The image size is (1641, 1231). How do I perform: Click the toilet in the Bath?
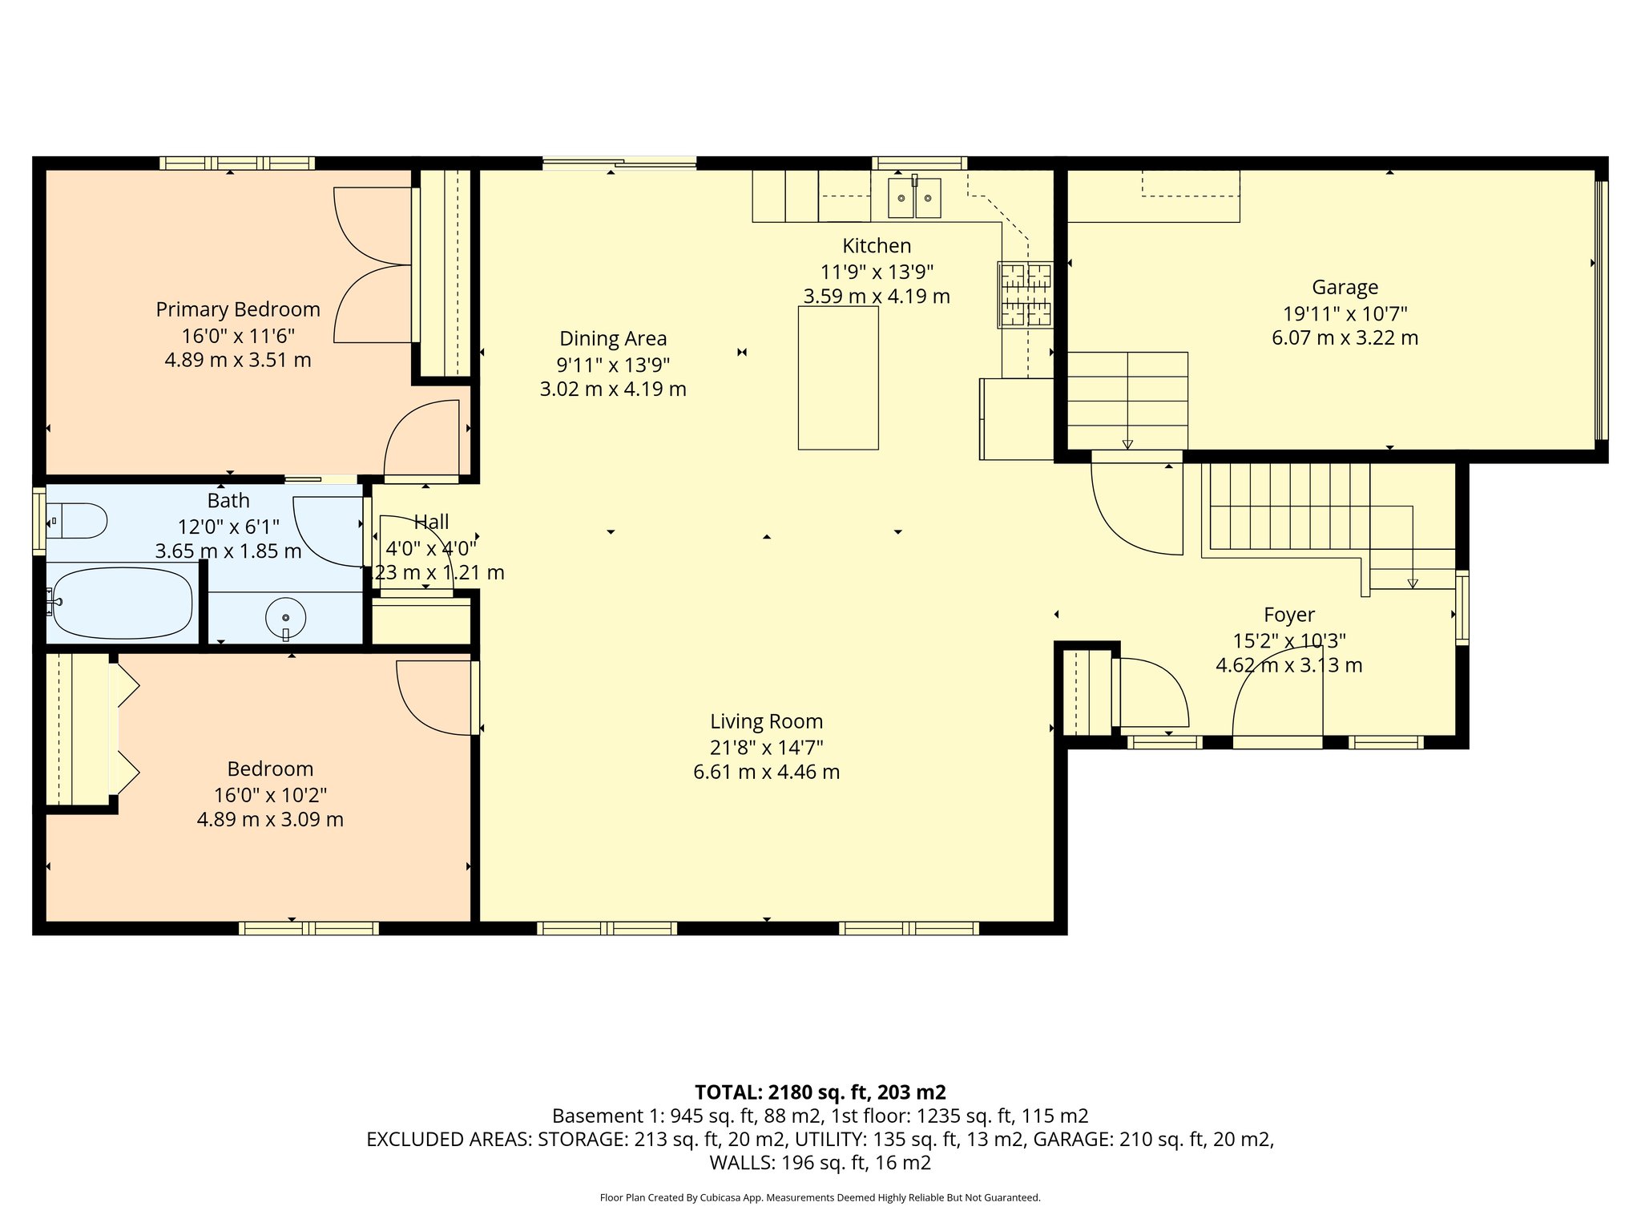[x=77, y=521]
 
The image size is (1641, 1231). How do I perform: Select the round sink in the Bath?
[x=286, y=617]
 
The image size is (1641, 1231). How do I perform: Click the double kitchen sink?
[x=914, y=198]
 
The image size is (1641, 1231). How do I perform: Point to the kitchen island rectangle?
[x=838, y=377]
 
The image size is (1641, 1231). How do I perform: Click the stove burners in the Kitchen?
[x=1025, y=295]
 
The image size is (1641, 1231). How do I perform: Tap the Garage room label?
[x=1345, y=287]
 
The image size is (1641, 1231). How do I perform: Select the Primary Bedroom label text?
[x=238, y=309]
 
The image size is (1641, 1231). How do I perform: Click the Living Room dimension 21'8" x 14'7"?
[x=766, y=747]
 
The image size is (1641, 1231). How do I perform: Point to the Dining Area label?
[x=613, y=338]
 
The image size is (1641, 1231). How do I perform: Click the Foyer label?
[x=1288, y=615]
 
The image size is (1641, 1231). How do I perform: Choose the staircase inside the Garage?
[x=1127, y=399]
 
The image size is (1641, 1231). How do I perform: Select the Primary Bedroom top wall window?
[x=236, y=163]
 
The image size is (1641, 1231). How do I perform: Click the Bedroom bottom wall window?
[x=308, y=928]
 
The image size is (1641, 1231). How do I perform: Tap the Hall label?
[x=431, y=523]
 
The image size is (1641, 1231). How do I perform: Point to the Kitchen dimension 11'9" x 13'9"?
[x=877, y=271]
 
